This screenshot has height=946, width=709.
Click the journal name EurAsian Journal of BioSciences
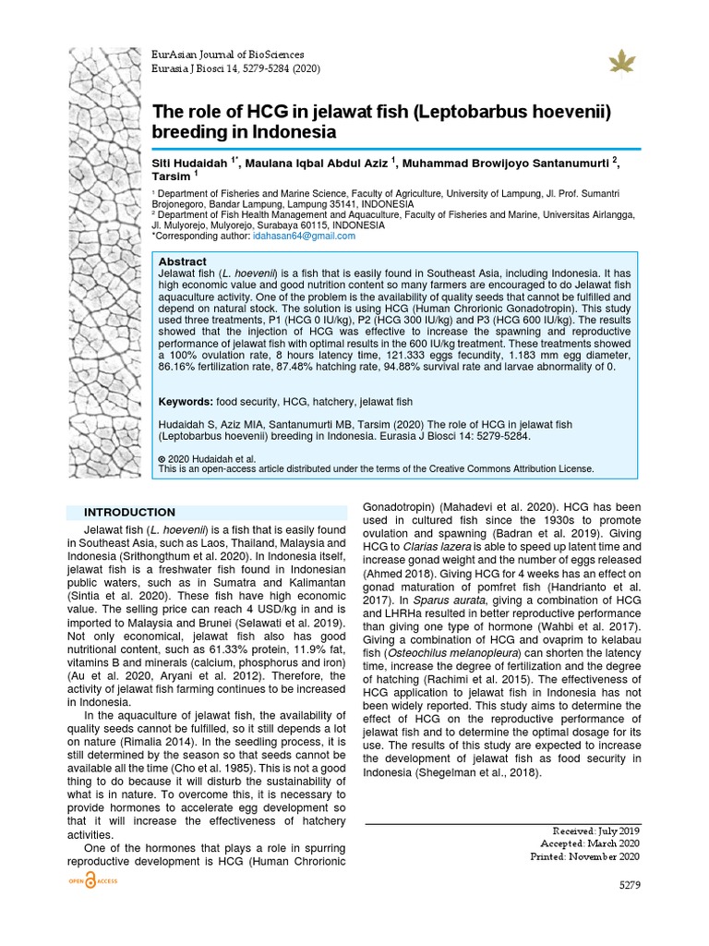pos(227,55)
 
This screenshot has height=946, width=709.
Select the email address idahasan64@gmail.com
pos(291,236)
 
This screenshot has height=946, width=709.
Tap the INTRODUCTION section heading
pos(129,512)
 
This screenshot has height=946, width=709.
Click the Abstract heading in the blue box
pos(183,262)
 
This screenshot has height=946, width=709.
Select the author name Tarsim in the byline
pos(171,176)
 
